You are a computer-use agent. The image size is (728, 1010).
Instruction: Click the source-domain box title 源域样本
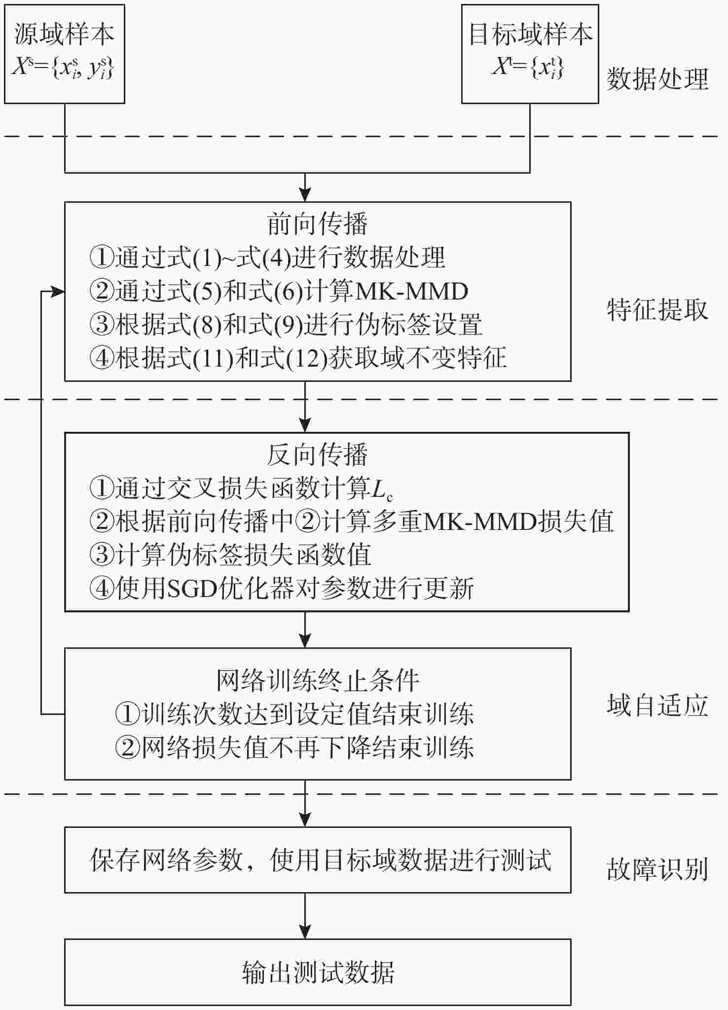click(x=64, y=35)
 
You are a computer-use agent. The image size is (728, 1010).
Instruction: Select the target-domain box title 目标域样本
click(x=531, y=35)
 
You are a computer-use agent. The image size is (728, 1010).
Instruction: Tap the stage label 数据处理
click(x=657, y=79)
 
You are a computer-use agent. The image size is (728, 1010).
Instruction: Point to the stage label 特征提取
click(x=657, y=310)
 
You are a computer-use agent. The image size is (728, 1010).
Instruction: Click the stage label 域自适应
click(x=657, y=705)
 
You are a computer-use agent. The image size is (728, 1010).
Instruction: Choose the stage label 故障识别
click(x=657, y=869)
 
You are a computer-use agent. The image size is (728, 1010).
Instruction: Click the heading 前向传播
click(x=318, y=224)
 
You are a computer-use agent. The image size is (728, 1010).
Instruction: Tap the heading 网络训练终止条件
click(x=318, y=681)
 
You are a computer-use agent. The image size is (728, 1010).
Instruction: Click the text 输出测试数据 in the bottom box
click(x=318, y=973)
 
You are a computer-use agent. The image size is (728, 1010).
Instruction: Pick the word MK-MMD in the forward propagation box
click(x=411, y=292)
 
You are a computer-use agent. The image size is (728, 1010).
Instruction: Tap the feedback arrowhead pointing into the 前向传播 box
click(x=59, y=292)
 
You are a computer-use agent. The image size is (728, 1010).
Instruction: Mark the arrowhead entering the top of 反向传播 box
click(x=305, y=426)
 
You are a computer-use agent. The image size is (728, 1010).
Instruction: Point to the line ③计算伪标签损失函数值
click(x=230, y=555)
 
